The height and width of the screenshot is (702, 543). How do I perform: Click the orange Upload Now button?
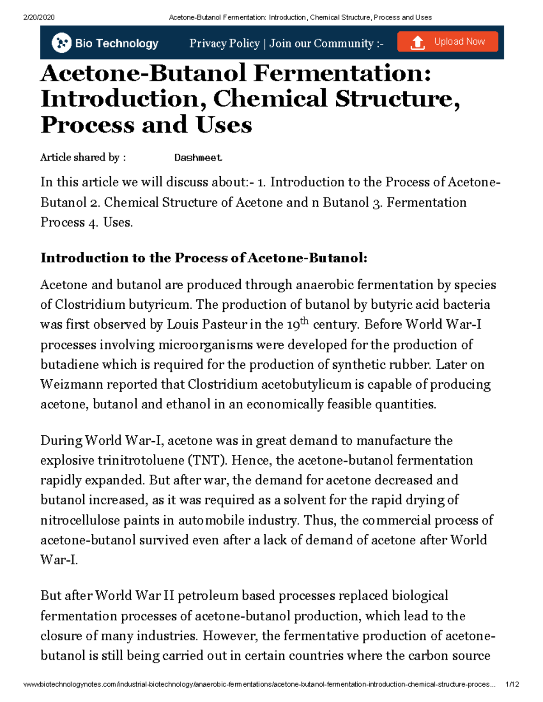point(448,42)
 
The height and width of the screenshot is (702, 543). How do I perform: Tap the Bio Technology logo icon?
point(62,43)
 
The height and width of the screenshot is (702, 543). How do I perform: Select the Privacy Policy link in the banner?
point(224,43)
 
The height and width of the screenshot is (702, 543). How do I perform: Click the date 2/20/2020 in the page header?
point(39,18)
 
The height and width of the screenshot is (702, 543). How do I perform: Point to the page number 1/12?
point(512,684)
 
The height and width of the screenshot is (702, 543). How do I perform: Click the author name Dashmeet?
point(198,158)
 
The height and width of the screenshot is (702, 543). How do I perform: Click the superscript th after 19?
point(304,320)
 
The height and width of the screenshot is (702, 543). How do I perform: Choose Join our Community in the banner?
point(321,43)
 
